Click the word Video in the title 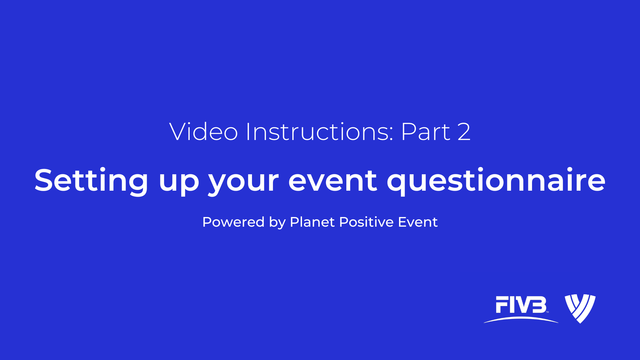point(203,131)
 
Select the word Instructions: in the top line point(320,131)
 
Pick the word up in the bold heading point(179,183)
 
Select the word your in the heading point(243,183)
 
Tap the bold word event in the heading point(333,181)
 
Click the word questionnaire point(496,181)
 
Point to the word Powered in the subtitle point(233,222)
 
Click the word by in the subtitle point(277,223)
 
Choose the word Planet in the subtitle point(312,222)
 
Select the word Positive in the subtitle point(366,222)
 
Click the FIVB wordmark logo point(521,309)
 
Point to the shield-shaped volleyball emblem point(580,309)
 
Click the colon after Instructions point(391,134)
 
